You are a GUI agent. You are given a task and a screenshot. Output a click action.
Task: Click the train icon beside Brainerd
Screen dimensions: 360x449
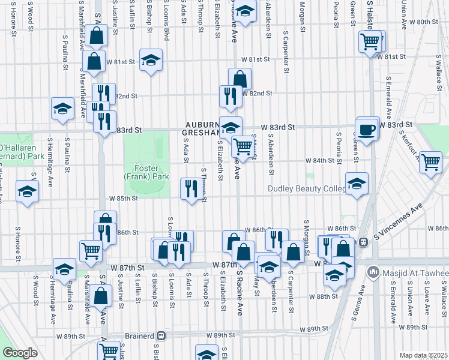161,336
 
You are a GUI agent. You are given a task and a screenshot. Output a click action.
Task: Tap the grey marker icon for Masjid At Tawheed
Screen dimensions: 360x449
374,273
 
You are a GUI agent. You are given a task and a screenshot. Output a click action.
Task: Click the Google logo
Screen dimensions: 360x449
20,353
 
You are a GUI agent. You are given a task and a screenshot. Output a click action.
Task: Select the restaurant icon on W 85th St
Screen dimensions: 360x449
191,189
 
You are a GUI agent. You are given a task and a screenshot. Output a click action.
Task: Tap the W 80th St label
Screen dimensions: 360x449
426,22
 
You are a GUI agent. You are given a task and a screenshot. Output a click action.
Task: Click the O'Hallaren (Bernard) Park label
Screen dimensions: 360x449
22,152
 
